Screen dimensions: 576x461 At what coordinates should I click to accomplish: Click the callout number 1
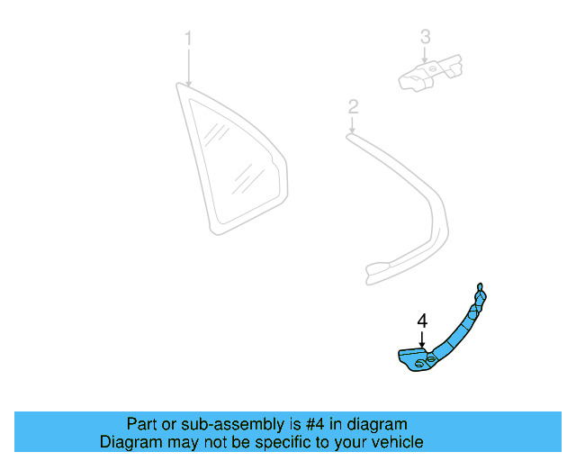click(188, 39)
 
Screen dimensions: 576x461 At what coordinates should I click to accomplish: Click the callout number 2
click(353, 107)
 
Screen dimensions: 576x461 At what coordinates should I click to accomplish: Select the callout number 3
click(425, 37)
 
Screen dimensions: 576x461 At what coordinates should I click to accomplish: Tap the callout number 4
click(421, 320)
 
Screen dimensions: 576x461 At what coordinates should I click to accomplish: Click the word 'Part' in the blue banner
click(142, 424)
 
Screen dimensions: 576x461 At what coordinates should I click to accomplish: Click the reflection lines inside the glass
click(215, 135)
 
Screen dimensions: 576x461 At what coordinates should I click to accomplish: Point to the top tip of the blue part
click(480, 286)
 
